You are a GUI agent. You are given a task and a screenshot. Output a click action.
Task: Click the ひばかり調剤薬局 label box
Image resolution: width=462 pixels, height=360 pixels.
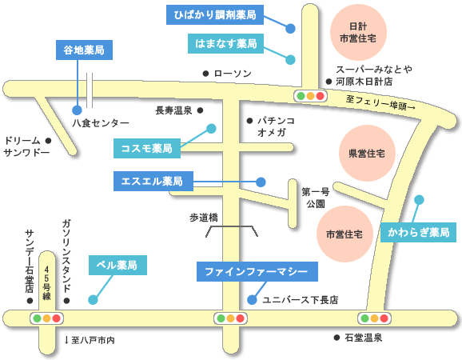[x=215, y=14]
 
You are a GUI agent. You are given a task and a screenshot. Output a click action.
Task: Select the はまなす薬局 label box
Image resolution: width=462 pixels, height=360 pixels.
[x=225, y=44]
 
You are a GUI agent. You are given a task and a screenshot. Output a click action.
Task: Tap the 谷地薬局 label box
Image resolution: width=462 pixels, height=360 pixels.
[x=84, y=50]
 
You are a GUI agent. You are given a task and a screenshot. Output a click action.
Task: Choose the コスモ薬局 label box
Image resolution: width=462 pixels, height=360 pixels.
[x=147, y=148]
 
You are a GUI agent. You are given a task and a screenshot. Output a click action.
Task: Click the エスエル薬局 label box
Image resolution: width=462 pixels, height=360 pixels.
[x=153, y=181]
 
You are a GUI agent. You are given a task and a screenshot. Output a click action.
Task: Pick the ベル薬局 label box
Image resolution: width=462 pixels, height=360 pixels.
[x=117, y=265]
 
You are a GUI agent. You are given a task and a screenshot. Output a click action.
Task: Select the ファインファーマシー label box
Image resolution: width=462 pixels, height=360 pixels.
[x=257, y=271]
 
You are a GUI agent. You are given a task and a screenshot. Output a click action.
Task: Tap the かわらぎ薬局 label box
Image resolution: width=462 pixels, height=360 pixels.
[x=418, y=232]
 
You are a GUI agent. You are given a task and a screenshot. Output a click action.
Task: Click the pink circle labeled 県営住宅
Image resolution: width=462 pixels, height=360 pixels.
[x=367, y=153]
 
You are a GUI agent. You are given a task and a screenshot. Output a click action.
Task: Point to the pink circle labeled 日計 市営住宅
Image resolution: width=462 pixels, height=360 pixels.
[x=358, y=32]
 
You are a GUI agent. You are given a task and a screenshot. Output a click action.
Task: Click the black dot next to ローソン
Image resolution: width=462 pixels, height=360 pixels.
[x=205, y=74]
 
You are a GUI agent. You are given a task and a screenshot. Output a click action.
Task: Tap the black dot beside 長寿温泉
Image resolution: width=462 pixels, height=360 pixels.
[x=200, y=110]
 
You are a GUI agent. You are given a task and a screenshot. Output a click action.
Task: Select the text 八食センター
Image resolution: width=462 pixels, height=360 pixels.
[x=101, y=123]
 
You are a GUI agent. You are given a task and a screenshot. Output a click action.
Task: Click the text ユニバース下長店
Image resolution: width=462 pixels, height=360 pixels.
[x=301, y=300]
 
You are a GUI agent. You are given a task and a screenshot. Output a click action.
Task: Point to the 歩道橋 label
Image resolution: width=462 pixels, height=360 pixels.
[x=204, y=218]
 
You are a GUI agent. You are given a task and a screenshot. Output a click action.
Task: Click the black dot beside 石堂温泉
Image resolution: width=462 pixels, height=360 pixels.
[x=337, y=338]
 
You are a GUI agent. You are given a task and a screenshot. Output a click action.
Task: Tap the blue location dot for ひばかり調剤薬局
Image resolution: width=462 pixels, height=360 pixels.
[x=290, y=29]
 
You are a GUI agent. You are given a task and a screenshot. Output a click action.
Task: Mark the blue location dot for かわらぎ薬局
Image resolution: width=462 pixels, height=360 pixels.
[x=419, y=200]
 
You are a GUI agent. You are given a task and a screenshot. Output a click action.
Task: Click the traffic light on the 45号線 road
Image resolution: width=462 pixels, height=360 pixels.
[x=47, y=318]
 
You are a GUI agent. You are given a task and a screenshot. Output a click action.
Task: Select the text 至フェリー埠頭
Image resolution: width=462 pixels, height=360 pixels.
[x=380, y=103]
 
